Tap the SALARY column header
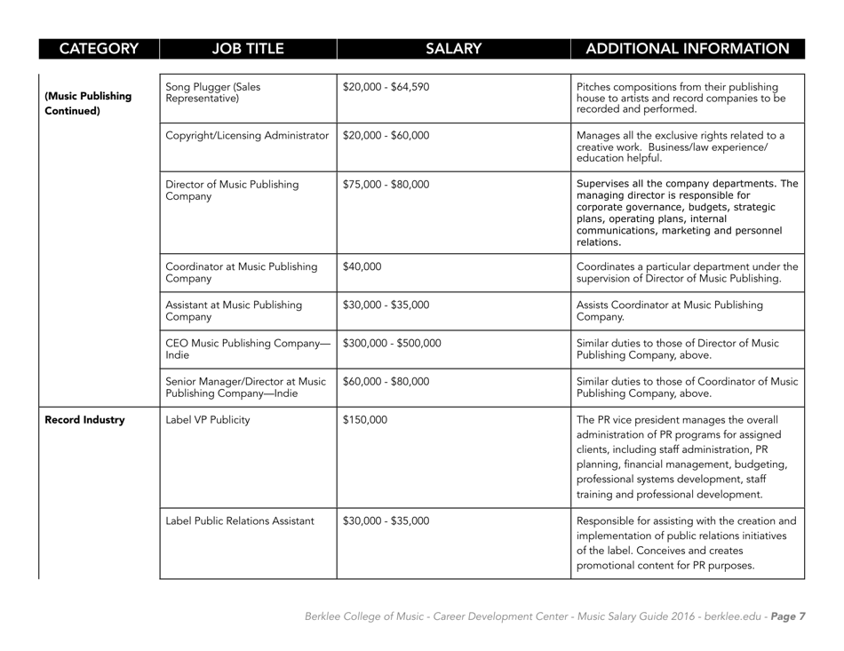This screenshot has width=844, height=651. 452,47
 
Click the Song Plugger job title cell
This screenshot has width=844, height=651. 212,93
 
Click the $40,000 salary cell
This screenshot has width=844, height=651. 362,266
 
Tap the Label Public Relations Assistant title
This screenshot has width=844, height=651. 239,520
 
